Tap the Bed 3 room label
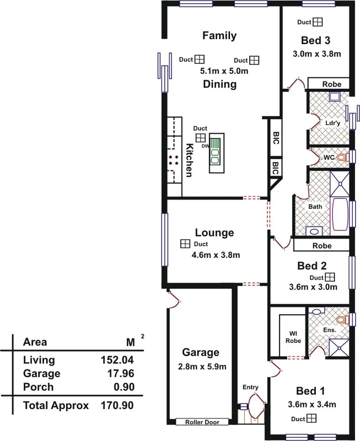(x=315, y=40)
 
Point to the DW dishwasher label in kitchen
(x=204, y=147)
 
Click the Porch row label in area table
(x=39, y=387)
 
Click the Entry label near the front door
(x=250, y=388)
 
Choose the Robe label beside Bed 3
(x=331, y=85)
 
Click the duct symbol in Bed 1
(x=314, y=420)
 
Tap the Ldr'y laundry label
(x=332, y=123)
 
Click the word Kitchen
(x=189, y=160)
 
